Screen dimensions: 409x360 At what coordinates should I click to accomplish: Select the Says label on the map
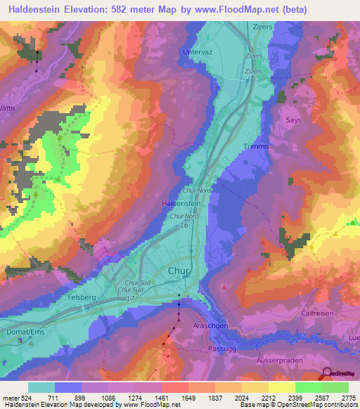point(293,120)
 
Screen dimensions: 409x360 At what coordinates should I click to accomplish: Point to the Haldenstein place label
point(182,202)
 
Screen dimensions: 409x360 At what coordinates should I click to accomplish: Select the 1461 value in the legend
point(161,398)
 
